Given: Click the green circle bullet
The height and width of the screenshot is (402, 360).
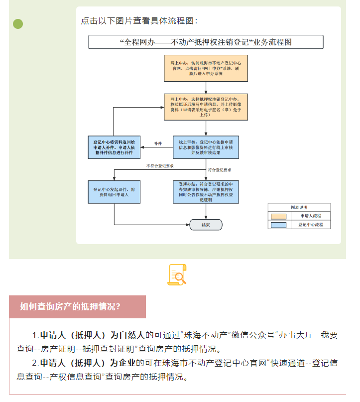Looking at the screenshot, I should coord(18,23).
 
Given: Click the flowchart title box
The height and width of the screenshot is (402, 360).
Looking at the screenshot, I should coord(206,42).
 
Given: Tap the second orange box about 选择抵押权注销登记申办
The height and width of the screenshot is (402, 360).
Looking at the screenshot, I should coord(206,107).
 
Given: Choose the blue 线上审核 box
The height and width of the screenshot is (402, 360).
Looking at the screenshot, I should coord(206,147).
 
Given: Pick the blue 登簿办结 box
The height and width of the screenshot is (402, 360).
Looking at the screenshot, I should coord(206,192).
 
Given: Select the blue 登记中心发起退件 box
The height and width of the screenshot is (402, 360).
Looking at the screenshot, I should coord(114,192).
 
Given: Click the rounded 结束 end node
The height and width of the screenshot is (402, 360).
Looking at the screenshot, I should coord(206,225).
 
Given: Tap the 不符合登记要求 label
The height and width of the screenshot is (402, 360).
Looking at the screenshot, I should coord(160,165).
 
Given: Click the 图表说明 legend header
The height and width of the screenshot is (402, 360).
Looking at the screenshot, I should coord(299,207).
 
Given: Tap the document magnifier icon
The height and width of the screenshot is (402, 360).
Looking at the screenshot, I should coord(177,275).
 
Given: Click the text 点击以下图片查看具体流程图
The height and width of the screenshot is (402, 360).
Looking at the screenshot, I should coord(139,20).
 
